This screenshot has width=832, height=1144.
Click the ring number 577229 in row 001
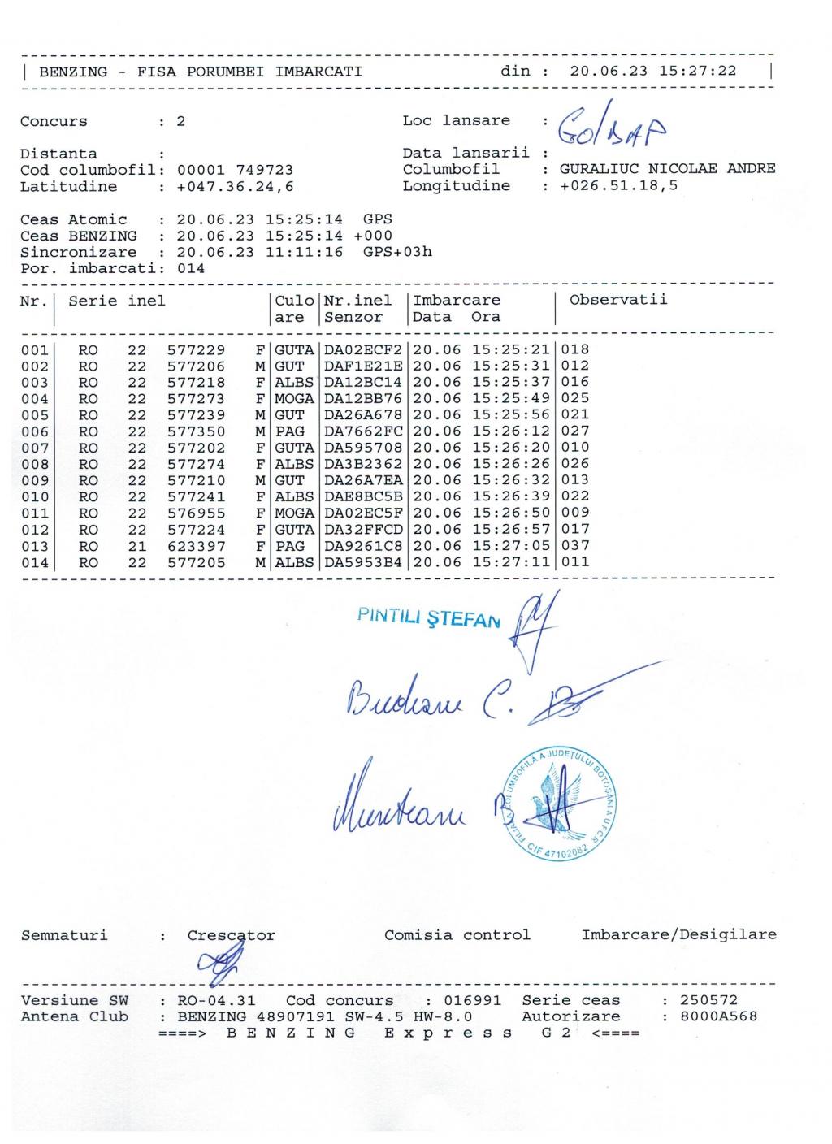click(x=196, y=350)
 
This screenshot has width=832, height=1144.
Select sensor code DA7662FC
click(x=362, y=431)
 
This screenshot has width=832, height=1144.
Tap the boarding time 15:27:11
click(x=511, y=562)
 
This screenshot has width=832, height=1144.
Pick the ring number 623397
click(x=196, y=546)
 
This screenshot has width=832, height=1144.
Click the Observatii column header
click(x=618, y=300)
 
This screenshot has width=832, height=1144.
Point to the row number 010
click(x=35, y=497)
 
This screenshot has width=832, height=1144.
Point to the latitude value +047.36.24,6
click(x=236, y=187)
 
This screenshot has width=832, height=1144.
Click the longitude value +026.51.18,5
click(x=619, y=186)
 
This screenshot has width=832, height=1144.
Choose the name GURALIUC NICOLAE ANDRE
click(x=667, y=169)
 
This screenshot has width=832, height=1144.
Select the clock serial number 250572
click(x=708, y=1000)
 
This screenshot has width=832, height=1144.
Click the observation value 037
click(x=575, y=546)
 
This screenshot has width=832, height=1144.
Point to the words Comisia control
click(x=457, y=935)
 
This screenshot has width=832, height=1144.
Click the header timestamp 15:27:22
click(x=698, y=71)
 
